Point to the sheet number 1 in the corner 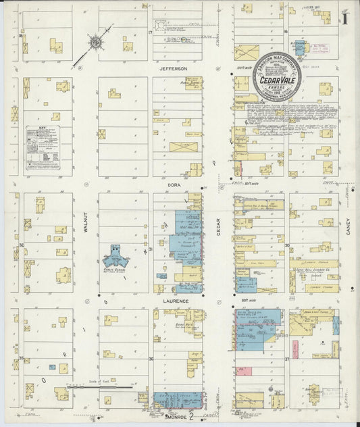[344, 17]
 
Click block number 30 [286, 246]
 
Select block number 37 [286, 359]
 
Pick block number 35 [21, 358]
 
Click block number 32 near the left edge [21, 245]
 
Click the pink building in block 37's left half [295, 349]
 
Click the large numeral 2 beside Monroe [192, 417]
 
